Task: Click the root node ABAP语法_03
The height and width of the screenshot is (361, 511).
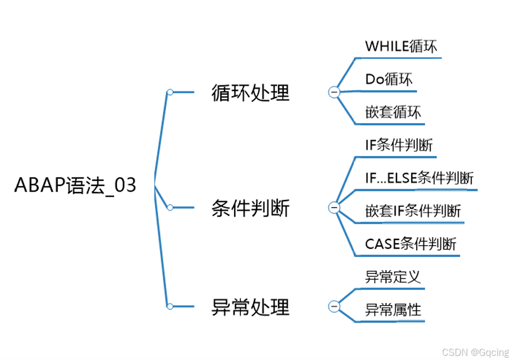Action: pyautogui.click(x=75, y=186)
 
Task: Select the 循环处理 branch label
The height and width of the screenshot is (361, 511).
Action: pyautogui.click(x=250, y=93)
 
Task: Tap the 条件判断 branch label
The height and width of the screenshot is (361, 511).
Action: pyautogui.click(x=250, y=208)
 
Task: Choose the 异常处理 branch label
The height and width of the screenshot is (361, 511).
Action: pyautogui.click(x=250, y=307)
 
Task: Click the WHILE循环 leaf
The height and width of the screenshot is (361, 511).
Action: pyautogui.click(x=401, y=46)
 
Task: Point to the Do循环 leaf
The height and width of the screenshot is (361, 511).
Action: pyautogui.click(x=389, y=80)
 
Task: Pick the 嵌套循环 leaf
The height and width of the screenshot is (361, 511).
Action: pyautogui.click(x=393, y=112)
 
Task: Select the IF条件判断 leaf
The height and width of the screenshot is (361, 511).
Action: pyautogui.click(x=399, y=145)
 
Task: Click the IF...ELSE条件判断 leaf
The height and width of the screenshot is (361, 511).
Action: pyautogui.click(x=419, y=178)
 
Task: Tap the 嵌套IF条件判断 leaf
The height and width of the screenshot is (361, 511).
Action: pyautogui.click(x=413, y=211)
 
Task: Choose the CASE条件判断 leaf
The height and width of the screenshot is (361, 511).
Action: pyautogui.click(x=410, y=244)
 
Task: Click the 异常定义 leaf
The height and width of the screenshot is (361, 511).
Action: pyautogui.click(x=393, y=277)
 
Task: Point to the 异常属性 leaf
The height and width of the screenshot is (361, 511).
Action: pyautogui.click(x=393, y=310)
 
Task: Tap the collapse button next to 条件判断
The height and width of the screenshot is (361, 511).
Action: pyautogui.click(x=334, y=208)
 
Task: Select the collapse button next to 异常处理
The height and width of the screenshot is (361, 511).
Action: pyautogui.click(x=334, y=307)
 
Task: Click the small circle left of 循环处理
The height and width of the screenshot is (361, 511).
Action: pyautogui.click(x=170, y=92)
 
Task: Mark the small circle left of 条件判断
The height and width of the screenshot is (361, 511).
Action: pyautogui.click(x=170, y=207)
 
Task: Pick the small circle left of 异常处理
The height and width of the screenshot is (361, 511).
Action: pyautogui.click(x=170, y=306)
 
